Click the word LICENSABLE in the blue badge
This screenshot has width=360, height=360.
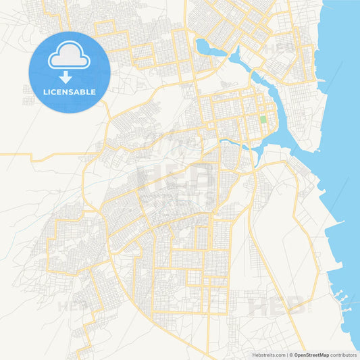click(69, 91)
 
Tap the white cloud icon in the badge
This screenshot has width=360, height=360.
click(69, 57)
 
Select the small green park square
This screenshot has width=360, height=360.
click(263, 120)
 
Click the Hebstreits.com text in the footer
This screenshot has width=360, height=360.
click(267, 355)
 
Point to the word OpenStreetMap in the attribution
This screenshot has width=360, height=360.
click(311, 355)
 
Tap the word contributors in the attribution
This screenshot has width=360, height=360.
click(343, 355)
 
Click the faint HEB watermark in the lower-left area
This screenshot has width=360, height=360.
click(75, 306)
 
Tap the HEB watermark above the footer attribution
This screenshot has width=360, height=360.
click(277, 307)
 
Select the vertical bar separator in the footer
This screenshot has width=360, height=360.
click(286, 355)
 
